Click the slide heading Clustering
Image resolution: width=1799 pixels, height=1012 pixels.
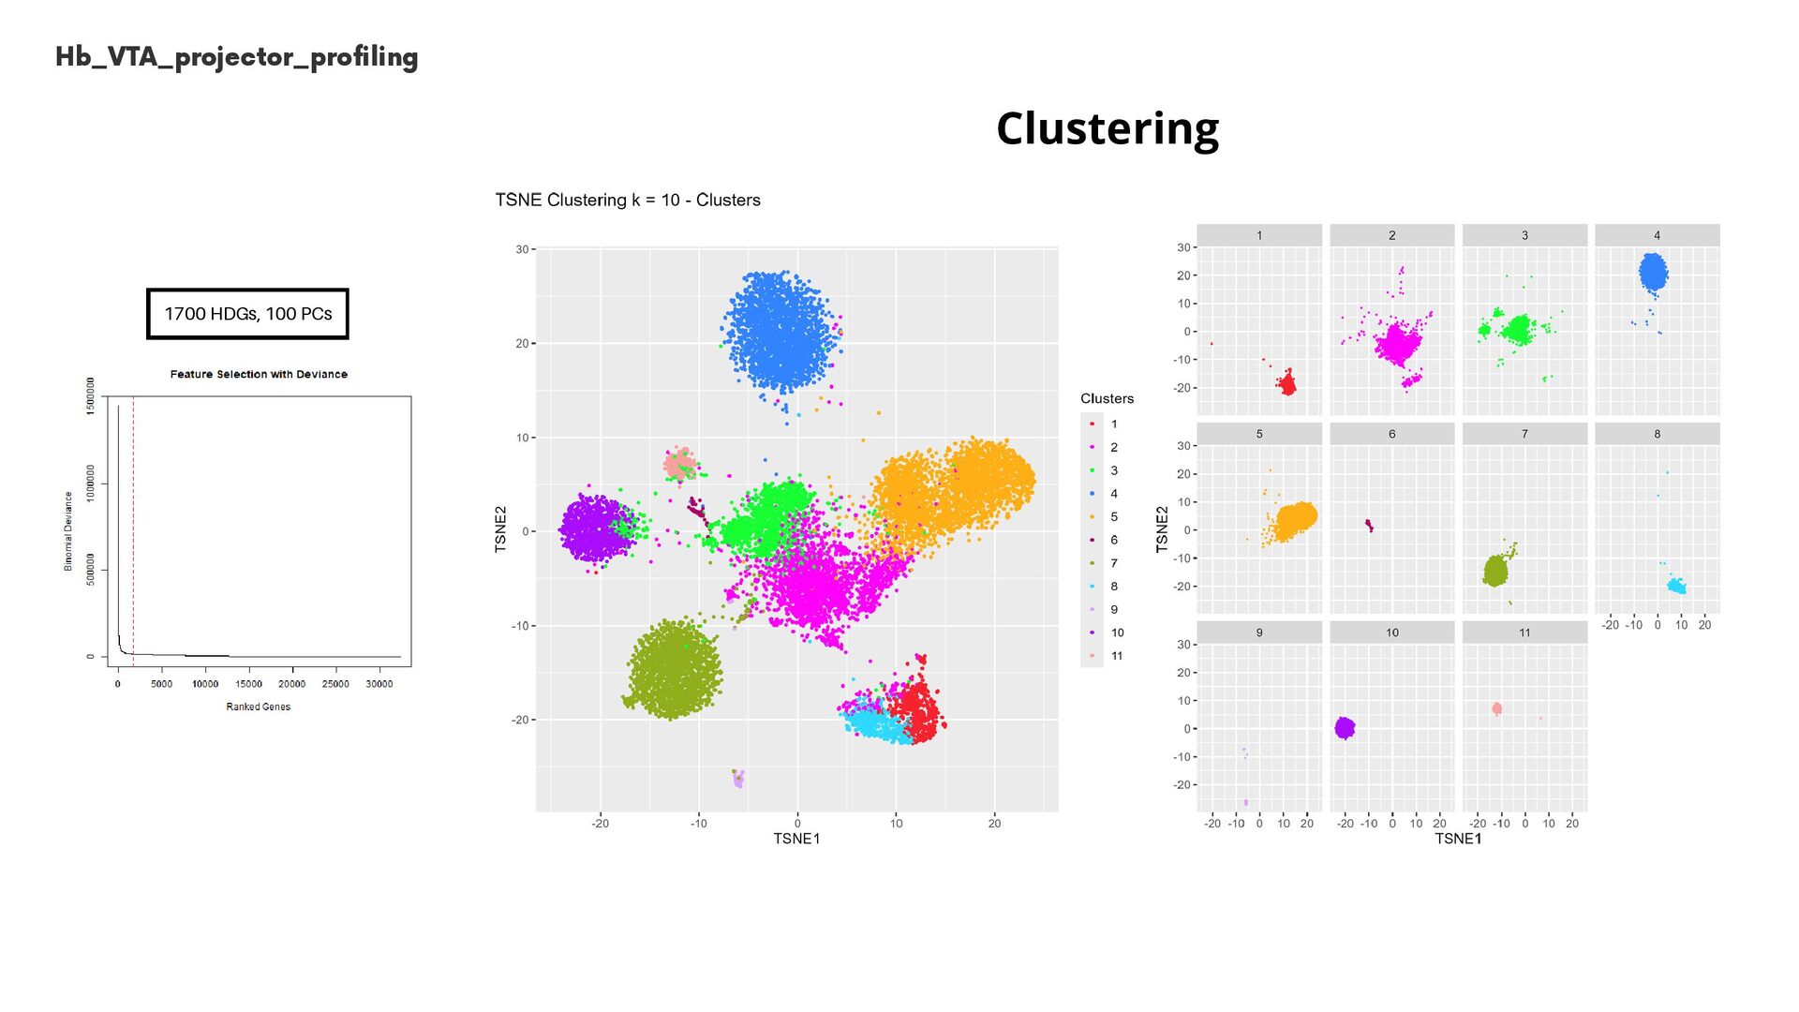click(1108, 128)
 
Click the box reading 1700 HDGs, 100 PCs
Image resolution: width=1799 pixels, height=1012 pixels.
click(247, 314)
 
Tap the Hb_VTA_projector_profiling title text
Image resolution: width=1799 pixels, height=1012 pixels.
click(236, 57)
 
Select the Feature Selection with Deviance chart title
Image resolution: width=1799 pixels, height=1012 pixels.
click(259, 374)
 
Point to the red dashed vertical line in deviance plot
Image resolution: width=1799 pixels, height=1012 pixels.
click(133, 525)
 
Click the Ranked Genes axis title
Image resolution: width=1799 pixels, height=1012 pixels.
click(258, 707)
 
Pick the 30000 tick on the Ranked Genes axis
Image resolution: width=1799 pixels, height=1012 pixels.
click(379, 684)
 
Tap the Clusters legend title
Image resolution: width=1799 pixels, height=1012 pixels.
click(1107, 398)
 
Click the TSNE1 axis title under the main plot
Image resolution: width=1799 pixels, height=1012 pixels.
click(796, 839)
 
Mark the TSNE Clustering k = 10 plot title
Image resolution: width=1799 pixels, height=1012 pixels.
click(628, 200)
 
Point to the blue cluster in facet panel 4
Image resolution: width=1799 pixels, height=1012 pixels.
click(1654, 273)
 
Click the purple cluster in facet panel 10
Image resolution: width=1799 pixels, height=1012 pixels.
click(1345, 727)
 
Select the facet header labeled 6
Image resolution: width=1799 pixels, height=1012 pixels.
click(1391, 434)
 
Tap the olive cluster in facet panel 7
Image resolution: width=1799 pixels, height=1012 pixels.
click(1495, 571)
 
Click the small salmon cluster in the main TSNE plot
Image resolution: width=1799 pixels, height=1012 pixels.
click(679, 464)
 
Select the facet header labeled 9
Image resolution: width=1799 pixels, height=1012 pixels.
click(1259, 632)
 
